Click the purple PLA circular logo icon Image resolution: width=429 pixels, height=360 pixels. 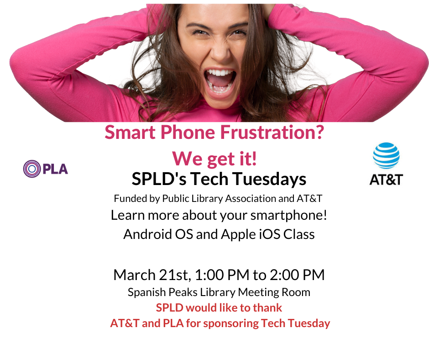tap(32, 169)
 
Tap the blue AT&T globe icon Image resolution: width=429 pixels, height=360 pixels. tap(386, 155)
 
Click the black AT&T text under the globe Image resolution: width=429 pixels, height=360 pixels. tap(386, 180)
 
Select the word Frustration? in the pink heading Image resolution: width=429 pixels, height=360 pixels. tap(272, 132)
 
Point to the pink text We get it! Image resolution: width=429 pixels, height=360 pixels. tap(214, 159)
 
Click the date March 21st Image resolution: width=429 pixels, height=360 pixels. tap(152, 275)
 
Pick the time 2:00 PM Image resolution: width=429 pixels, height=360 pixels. tap(297, 275)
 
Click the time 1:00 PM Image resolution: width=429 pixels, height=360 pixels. tap(222, 275)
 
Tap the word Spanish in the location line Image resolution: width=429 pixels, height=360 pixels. tap(143, 292)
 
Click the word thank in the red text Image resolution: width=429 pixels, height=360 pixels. tap(267, 307)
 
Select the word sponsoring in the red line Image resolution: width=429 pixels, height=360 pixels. tap(230, 323)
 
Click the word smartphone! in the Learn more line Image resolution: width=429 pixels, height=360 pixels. tap(289, 215)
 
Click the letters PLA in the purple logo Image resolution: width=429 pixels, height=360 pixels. tap(55, 169)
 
